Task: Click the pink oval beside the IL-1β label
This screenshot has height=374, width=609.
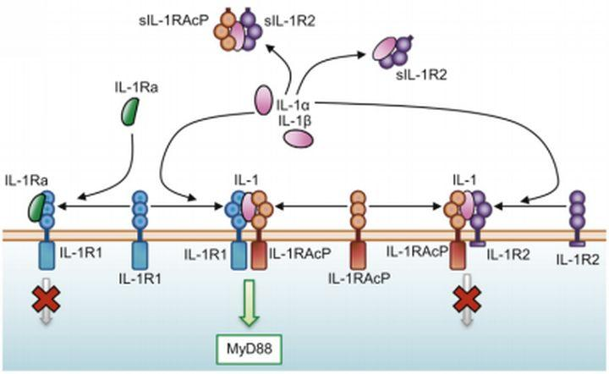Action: [x=296, y=138]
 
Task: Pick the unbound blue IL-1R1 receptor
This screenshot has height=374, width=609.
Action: [x=140, y=222]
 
